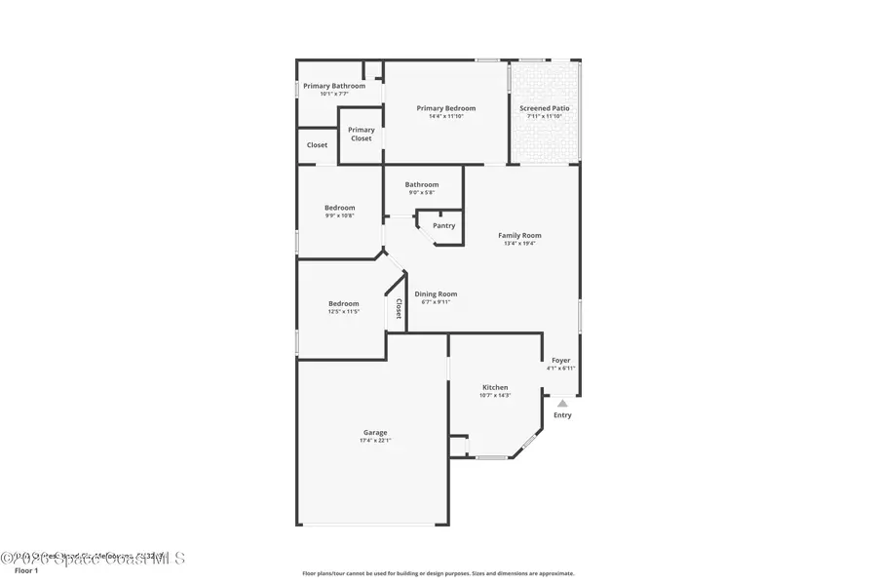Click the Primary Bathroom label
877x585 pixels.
[334, 86]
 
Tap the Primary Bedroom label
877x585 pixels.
[446, 108]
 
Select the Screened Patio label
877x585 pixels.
[545, 108]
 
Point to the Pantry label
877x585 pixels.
[443, 226]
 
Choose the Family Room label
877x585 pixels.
[519, 235]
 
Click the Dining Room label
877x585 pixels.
[436, 294]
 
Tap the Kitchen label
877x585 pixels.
[495, 387]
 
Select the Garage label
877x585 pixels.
[375, 432]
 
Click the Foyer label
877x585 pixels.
[561, 360]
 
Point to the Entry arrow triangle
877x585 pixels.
[562, 403]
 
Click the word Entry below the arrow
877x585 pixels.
[562, 415]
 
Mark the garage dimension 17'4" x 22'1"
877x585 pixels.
[375, 441]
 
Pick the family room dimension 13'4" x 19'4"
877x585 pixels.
[519, 244]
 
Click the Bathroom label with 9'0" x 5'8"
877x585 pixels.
[422, 184]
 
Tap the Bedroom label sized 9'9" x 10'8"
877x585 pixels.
[339, 208]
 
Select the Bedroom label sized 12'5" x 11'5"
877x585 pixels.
[343, 303]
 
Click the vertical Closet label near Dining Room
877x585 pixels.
[399, 308]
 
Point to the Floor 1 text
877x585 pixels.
[26, 570]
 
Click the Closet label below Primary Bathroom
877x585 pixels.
[317, 145]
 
